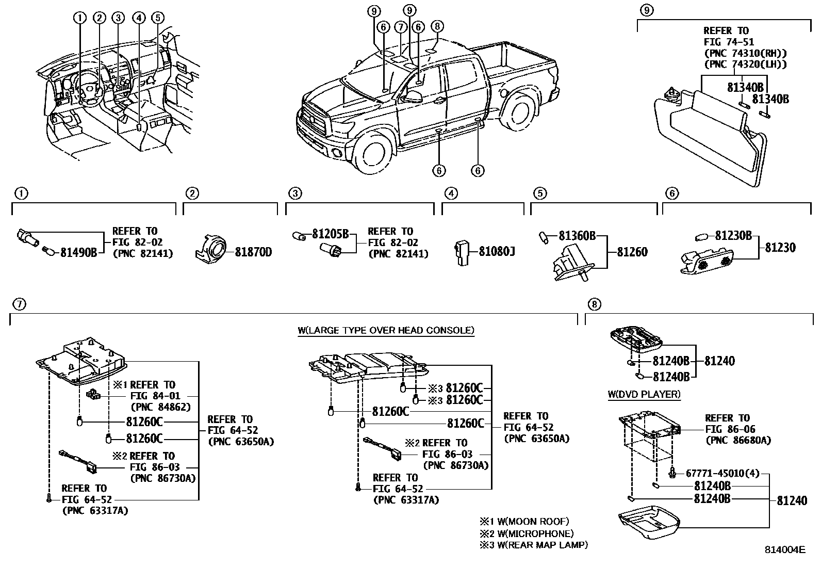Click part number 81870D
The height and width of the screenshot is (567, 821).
[x=253, y=252]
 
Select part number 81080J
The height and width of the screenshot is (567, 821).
[x=497, y=252]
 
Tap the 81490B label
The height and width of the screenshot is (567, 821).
[x=79, y=253]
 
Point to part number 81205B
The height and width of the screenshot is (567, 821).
[x=330, y=234]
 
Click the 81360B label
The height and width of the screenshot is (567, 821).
[x=577, y=236]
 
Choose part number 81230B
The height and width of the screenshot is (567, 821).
[x=733, y=236]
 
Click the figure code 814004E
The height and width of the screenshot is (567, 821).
[x=784, y=550]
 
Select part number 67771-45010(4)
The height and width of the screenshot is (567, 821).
[x=722, y=473]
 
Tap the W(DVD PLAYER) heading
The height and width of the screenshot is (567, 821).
[x=644, y=395]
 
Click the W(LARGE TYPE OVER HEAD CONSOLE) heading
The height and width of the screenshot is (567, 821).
[x=386, y=330]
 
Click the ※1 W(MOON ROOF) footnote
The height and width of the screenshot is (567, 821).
[x=524, y=522]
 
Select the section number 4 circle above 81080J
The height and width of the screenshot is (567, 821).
[x=451, y=194]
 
